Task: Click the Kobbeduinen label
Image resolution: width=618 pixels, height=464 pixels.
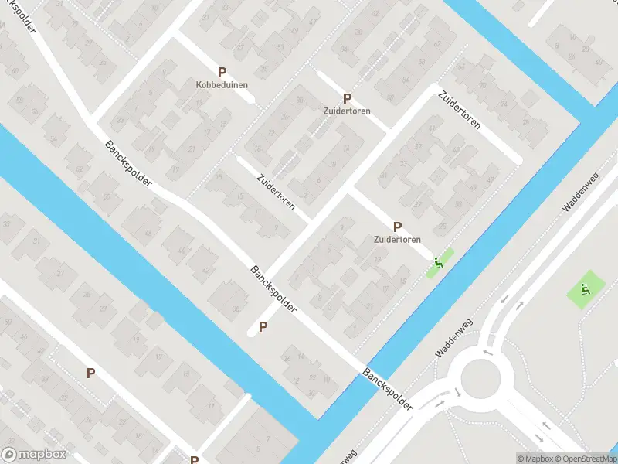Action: click(222, 84)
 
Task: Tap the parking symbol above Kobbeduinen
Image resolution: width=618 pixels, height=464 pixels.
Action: click(222, 72)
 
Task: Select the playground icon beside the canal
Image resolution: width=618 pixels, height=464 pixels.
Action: click(439, 263)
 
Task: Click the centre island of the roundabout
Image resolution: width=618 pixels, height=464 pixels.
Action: click(480, 379)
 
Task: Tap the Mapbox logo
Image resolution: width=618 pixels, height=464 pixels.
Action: click(34, 455)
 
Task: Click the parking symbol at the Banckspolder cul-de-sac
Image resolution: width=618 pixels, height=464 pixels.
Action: click(263, 327)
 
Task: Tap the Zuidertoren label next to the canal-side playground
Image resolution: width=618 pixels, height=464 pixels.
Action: click(397, 240)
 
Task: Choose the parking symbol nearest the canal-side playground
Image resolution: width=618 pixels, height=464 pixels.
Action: click(397, 227)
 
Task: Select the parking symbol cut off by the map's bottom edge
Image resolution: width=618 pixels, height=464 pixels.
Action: click(194, 459)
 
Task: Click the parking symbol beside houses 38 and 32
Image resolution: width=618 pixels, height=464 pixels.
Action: click(90, 373)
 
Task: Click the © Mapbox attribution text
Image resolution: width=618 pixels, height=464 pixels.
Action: click(533, 459)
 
